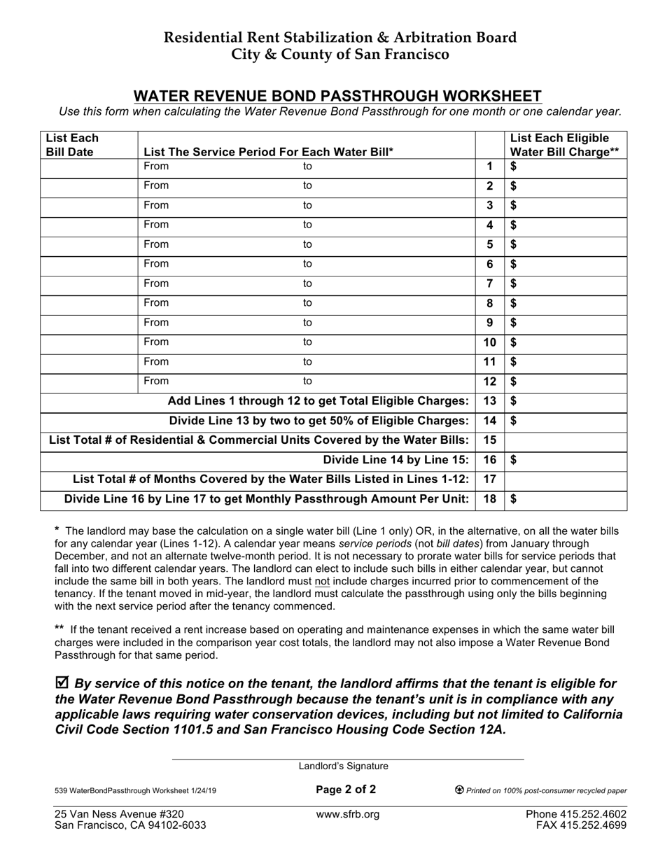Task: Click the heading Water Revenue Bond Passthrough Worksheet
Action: [x=337, y=96]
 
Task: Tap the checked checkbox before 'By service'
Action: [x=62, y=682]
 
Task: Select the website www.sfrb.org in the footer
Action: [x=348, y=814]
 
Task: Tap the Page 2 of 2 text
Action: [x=346, y=790]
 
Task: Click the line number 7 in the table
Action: [x=489, y=283]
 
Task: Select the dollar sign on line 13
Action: [x=514, y=401]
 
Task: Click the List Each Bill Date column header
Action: [x=72, y=145]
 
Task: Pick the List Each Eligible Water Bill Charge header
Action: [x=565, y=145]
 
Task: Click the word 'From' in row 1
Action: [x=156, y=167]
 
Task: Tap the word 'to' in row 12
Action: [x=307, y=381]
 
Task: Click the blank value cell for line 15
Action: [x=565, y=440]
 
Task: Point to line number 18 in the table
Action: [x=489, y=499]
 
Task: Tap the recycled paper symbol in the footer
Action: [x=459, y=790]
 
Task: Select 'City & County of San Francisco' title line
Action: [x=341, y=55]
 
